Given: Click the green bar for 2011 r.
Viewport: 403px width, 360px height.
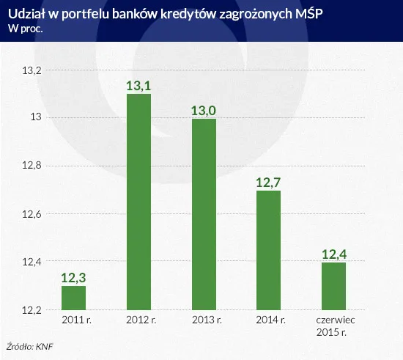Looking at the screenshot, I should tap(73, 298).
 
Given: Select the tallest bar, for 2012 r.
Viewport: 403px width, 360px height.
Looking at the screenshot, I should tap(138, 202).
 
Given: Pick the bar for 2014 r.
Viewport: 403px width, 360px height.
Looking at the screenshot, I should tap(269, 250).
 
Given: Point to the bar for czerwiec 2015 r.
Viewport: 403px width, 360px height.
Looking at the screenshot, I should tap(334, 286).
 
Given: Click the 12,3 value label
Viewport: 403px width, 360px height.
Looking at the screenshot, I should tap(73, 278).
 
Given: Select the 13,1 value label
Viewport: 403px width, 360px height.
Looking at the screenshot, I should tap(138, 86).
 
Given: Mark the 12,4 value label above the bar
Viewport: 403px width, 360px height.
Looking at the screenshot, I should tap(334, 254).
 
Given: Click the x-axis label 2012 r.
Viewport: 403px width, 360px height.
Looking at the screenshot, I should tap(138, 320).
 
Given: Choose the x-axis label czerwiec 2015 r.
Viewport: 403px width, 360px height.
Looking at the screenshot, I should tap(334, 326).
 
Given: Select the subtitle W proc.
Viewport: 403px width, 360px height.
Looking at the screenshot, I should tap(25, 29).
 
